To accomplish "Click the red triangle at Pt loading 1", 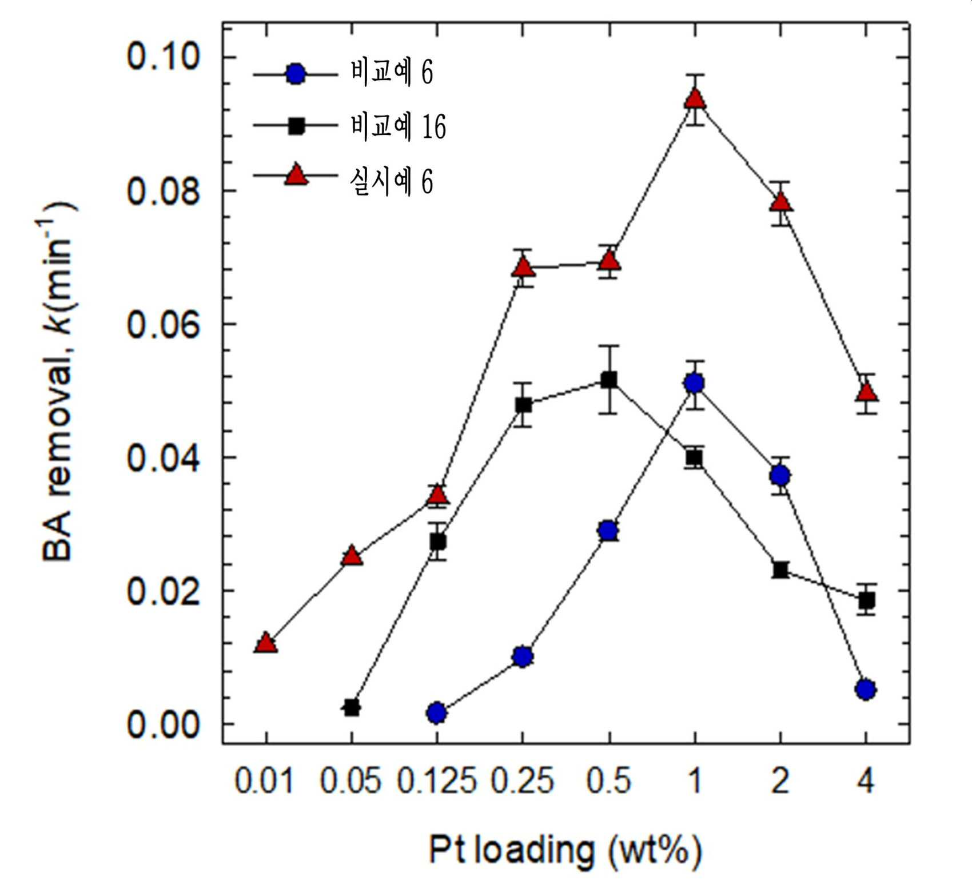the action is (x=695, y=99).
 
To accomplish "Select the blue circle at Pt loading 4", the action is (x=866, y=690).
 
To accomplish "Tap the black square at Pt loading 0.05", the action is (x=352, y=708).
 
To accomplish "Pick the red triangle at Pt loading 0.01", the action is (x=266, y=643).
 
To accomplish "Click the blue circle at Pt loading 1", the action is (x=694, y=383).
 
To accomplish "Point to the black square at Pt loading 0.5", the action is (x=609, y=380).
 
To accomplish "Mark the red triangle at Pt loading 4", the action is (x=866, y=392).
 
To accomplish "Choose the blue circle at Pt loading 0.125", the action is (x=437, y=712).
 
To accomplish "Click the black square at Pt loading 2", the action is (x=780, y=570).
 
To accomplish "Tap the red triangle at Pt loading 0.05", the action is (x=352, y=556).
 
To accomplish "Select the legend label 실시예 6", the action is (x=392, y=182).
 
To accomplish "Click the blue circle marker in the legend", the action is (x=295, y=74).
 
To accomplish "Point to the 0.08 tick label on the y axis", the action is (x=163, y=191).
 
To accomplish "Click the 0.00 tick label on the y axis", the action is (x=163, y=724).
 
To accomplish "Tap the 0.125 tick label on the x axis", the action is (x=437, y=780).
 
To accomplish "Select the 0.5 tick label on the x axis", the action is (x=608, y=780).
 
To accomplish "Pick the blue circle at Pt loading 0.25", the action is (x=523, y=656).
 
